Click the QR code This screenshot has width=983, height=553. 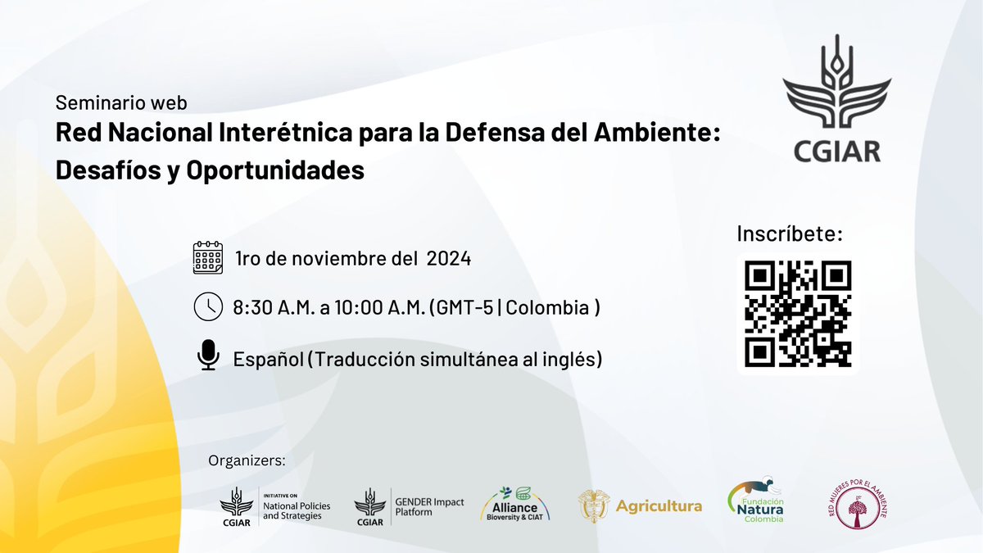pyautogui.click(x=799, y=314)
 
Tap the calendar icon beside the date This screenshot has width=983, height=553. pyautogui.click(x=207, y=258)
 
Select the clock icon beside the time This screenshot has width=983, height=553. pyautogui.click(x=207, y=307)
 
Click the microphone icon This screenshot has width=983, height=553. pyautogui.click(x=208, y=356)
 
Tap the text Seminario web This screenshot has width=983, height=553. pyautogui.click(x=121, y=103)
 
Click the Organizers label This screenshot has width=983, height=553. pyautogui.click(x=247, y=460)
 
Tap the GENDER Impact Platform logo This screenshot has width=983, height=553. pyautogui.click(x=410, y=505)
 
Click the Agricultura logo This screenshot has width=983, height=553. pyautogui.click(x=640, y=505)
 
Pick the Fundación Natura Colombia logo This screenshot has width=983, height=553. pyautogui.click(x=755, y=501)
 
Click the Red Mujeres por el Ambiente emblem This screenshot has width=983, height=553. pyautogui.click(x=856, y=504)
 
